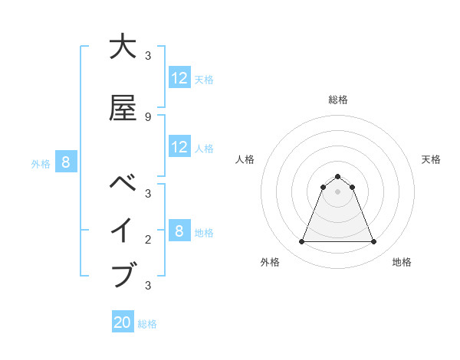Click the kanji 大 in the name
pyautogui.click(x=123, y=47)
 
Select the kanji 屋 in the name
pyautogui.click(x=123, y=108)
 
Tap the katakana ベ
pyautogui.click(x=123, y=184)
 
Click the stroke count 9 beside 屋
pyautogui.click(x=148, y=117)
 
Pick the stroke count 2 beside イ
pyautogui.click(x=148, y=240)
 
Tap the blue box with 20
pyautogui.click(x=123, y=322)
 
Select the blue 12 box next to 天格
pyautogui.click(x=179, y=78)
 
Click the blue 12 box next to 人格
pyautogui.click(x=179, y=147)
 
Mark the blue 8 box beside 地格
pyautogui.click(x=179, y=231)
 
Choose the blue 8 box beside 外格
pyautogui.click(x=66, y=162)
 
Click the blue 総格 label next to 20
pyautogui.click(x=147, y=324)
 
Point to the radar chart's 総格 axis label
pyautogui.click(x=337, y=100)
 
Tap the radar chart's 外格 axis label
pyautogui.click(x=270, y=262)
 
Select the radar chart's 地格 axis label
pyautogui.click(x=402, y=262)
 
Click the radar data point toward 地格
pyautogui.click(x=373, y=242)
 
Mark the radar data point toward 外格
pyautogui.click(x=301, y=242)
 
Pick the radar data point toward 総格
pyautogui.click(x=337, y=176)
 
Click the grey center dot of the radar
pyautogui.click(x=337, y=191)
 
